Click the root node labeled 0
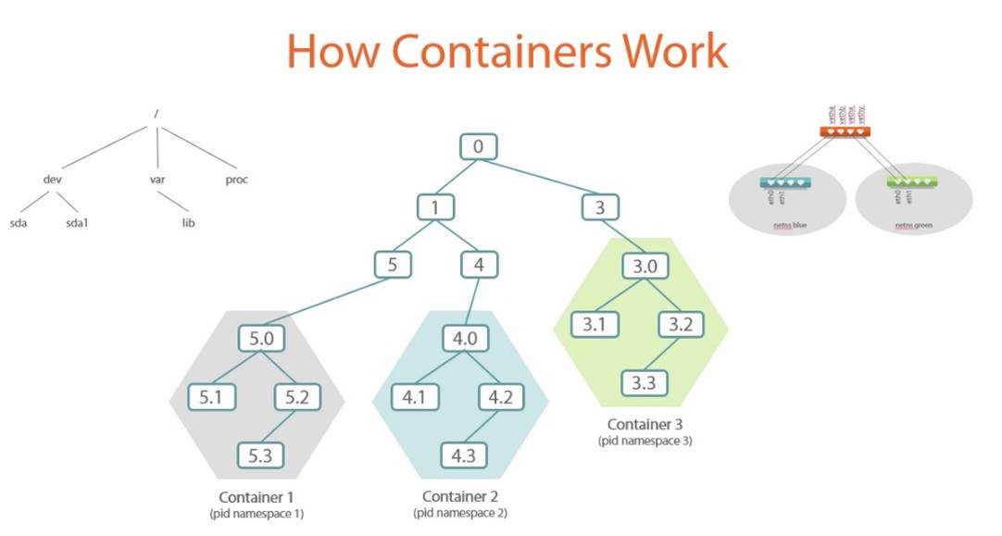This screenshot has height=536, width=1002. pos(479,147)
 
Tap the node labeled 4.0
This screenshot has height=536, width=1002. pos(465,339)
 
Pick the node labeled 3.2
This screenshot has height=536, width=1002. pos(683,324)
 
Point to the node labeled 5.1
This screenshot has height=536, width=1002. pos(212,397)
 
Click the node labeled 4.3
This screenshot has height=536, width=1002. pos(464,455)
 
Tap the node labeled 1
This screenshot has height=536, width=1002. pos(435,207)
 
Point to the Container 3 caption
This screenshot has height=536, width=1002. pos(645,425)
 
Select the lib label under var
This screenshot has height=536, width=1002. pos(189,223)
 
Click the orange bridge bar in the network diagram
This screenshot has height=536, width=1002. pos(845,132)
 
